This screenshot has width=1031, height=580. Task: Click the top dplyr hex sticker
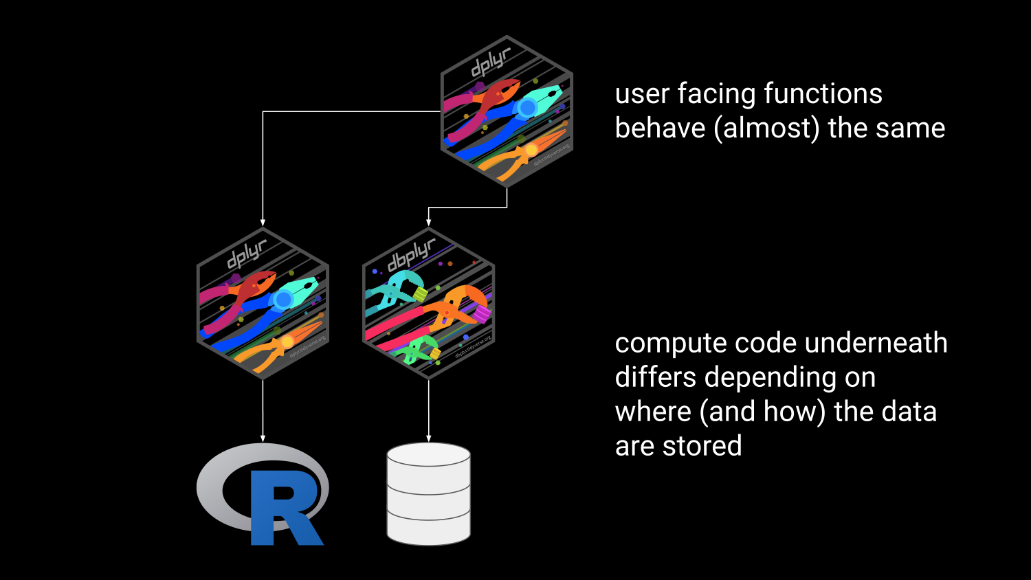(x=507, y=111)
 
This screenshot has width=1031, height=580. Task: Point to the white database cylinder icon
(x=428, y=493)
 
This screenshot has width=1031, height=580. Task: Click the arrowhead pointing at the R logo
(x=263, y=438)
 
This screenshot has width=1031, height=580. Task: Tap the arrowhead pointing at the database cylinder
(x=428, y=438)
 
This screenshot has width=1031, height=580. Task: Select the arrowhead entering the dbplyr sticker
(x=428, y=222)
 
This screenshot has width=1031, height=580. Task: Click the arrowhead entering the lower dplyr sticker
(x=263, y=222)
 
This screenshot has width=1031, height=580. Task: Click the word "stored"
(x=702, y=446)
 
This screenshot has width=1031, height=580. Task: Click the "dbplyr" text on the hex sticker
(x=411, y=255)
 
